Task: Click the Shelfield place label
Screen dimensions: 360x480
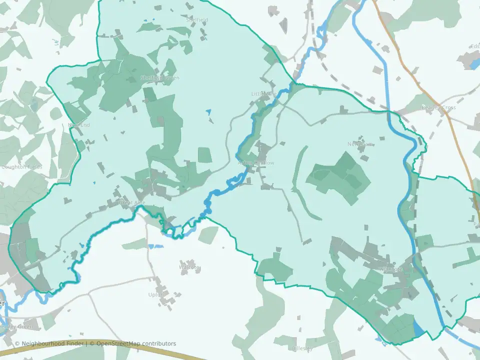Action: (196, 20)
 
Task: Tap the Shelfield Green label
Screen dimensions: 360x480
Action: (159, 78)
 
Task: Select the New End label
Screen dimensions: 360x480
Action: (78, 124)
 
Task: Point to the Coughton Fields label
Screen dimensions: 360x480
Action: (21, 167)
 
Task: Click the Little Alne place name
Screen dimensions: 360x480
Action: (263, 94)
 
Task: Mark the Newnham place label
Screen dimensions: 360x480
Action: (360, 144)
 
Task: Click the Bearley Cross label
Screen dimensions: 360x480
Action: (438, 107)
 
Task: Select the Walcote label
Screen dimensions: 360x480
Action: (189, 267)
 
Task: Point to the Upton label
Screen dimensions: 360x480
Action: (156, 295)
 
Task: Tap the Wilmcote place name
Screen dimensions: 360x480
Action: (391, 269)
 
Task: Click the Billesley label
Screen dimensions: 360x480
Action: (301, 348)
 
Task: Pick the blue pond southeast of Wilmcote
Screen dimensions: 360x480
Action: (418, 328)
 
